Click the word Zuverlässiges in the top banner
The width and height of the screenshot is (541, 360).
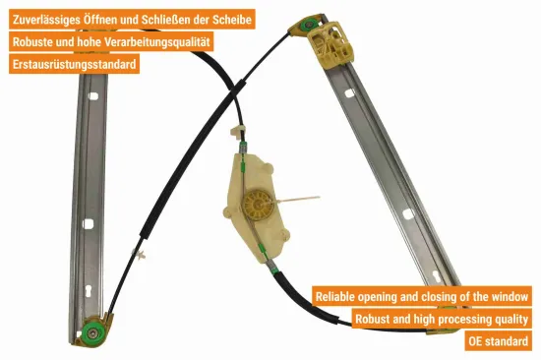tap(46, 20)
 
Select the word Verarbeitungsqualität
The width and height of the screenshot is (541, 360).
tap(157, 41)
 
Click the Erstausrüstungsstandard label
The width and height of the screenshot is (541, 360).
tap(74, 64)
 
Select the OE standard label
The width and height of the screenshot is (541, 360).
tap(499, 341)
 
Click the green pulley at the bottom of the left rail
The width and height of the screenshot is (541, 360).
tap(93, 332)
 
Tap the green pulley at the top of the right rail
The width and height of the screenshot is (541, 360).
tap(306, 26)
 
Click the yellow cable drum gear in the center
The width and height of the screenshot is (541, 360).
tap(258, 205)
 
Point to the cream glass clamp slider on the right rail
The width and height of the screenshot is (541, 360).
tap(331, 43)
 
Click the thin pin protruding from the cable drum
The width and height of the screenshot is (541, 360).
tap(297, 199)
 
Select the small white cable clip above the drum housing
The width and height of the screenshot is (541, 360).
tap(237, 131)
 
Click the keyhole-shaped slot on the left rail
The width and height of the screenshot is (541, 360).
tap(88, 292)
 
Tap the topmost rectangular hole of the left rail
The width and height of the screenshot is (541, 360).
tap(93, 96)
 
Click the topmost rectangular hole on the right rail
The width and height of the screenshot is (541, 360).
tap(350, 93)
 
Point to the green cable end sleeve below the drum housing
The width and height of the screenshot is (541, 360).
tap(274, 270)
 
